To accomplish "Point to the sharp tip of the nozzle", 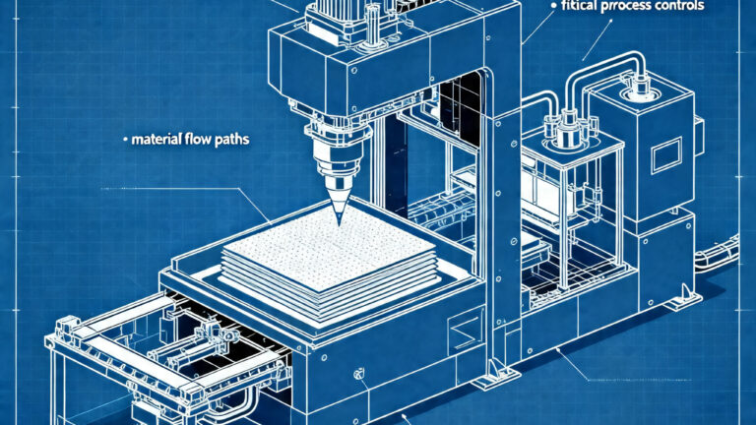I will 337,225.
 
